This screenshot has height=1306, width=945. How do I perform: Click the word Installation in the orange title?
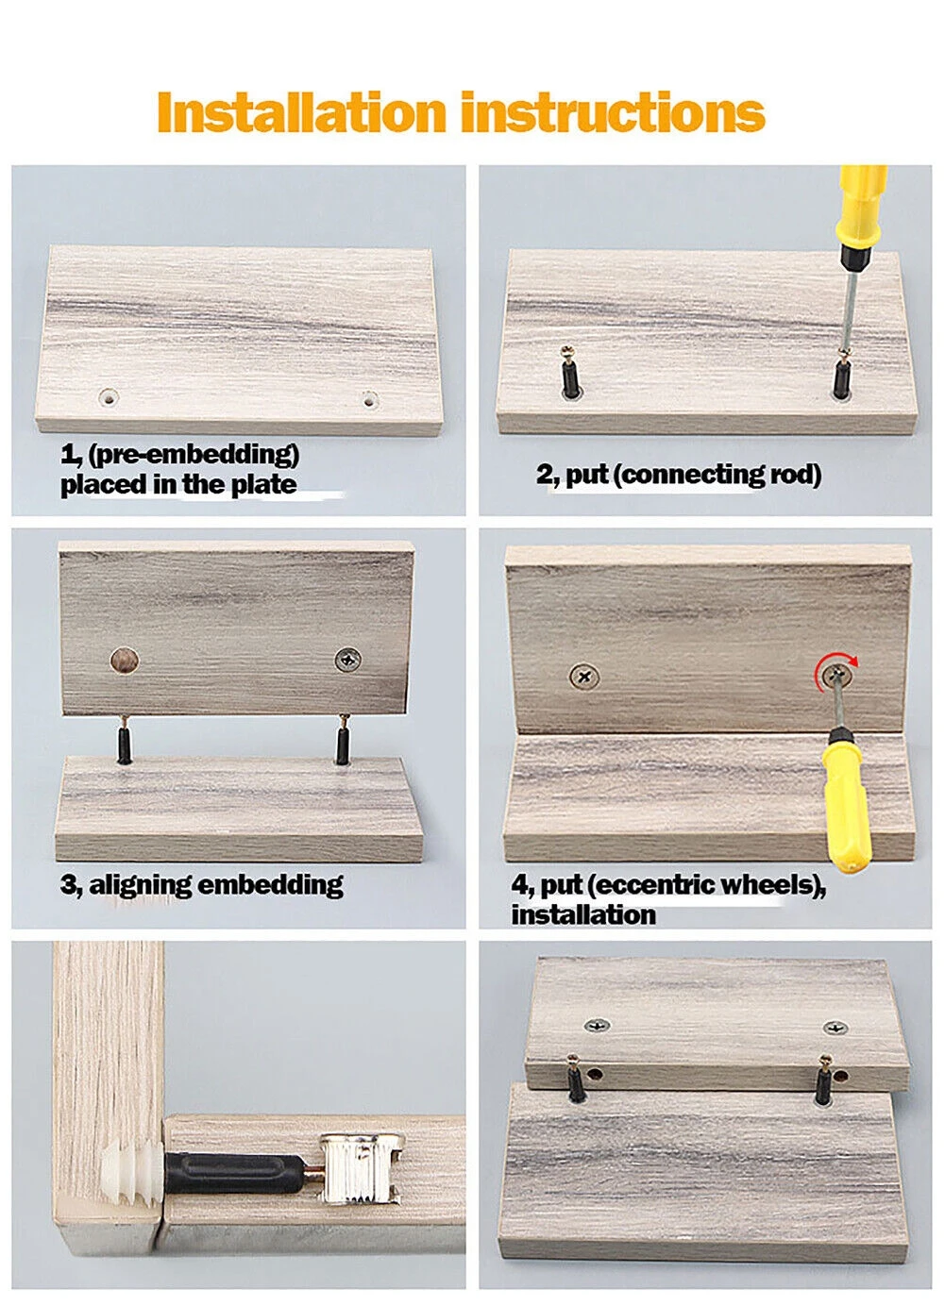tap(301, 112)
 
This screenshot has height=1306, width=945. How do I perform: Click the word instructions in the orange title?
tap(613, 112)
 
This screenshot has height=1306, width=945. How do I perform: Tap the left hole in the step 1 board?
tap(109, 398)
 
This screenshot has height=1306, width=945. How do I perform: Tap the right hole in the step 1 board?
tap(369, 400)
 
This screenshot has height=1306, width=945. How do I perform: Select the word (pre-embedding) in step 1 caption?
tap(194, 455)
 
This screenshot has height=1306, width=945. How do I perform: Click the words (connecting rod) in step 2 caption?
tap(720, 475)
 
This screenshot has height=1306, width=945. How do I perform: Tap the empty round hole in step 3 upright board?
tap(125, 661)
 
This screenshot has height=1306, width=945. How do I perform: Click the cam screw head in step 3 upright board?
tap(347, 660)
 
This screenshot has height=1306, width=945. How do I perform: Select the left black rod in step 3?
tap(125, 739)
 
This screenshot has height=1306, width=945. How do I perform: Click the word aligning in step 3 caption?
tap(140, 886)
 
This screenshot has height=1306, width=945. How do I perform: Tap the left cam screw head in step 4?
tap(584, 677)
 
